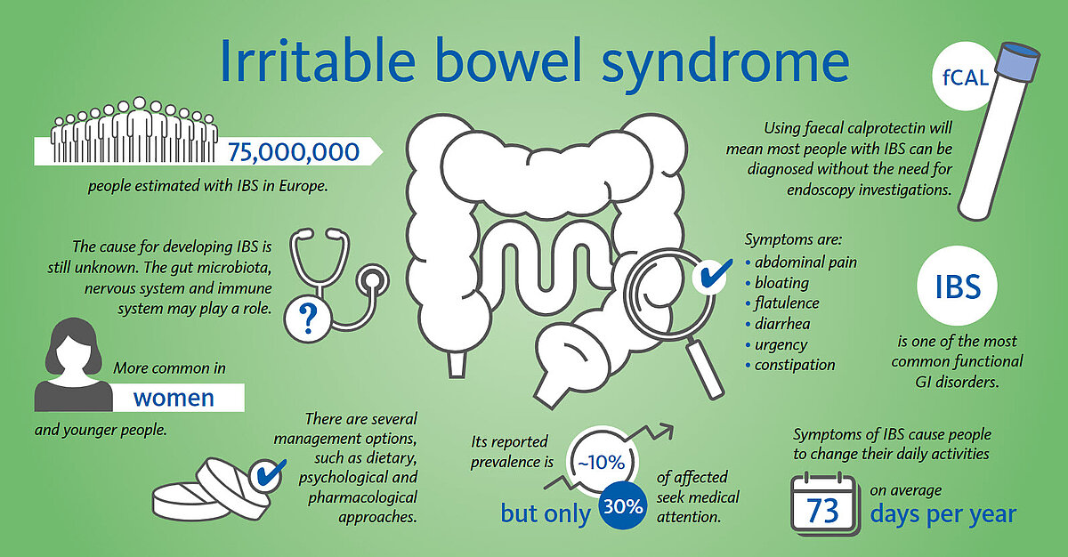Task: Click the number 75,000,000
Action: (x=293, y=152)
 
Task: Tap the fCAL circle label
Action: (x=965, y=77)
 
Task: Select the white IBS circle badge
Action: (x=957, y=286)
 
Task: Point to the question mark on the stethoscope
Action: (x=308, y=319)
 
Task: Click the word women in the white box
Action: (x=174, y=398)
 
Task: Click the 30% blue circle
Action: (x=623, y=506)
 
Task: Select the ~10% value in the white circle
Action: (x=602, y=463)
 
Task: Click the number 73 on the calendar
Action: (x=822, y=512)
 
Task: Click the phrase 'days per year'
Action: (x=943, y=514)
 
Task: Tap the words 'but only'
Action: (x=546, y=513)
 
